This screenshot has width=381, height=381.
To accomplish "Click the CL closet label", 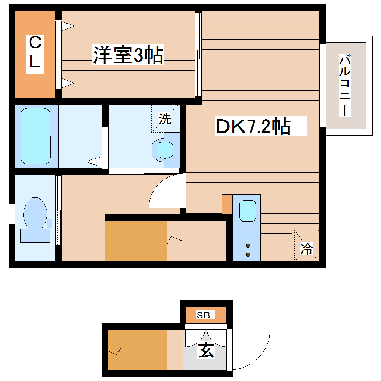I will (x=35, y=52).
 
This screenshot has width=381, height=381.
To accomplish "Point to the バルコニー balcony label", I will (x=346, y=85).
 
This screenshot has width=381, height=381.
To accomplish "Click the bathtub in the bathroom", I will (x=35, y=136).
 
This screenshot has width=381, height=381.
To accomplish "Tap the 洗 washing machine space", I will (x=165, y=119).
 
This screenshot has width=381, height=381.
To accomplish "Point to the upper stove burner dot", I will (x=248, y=245).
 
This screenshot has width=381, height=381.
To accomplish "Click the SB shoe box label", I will (x=204, y=315).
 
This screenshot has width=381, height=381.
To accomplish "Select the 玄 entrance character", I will (x=206, y=350).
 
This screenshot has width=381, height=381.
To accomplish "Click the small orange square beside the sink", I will (x=227, y=205).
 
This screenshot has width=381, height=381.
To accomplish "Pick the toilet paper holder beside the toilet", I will (x=49, y=223).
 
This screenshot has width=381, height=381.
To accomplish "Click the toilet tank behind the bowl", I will (x=35, y=235).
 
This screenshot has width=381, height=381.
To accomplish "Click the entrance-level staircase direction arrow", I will (x=116, y=351).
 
